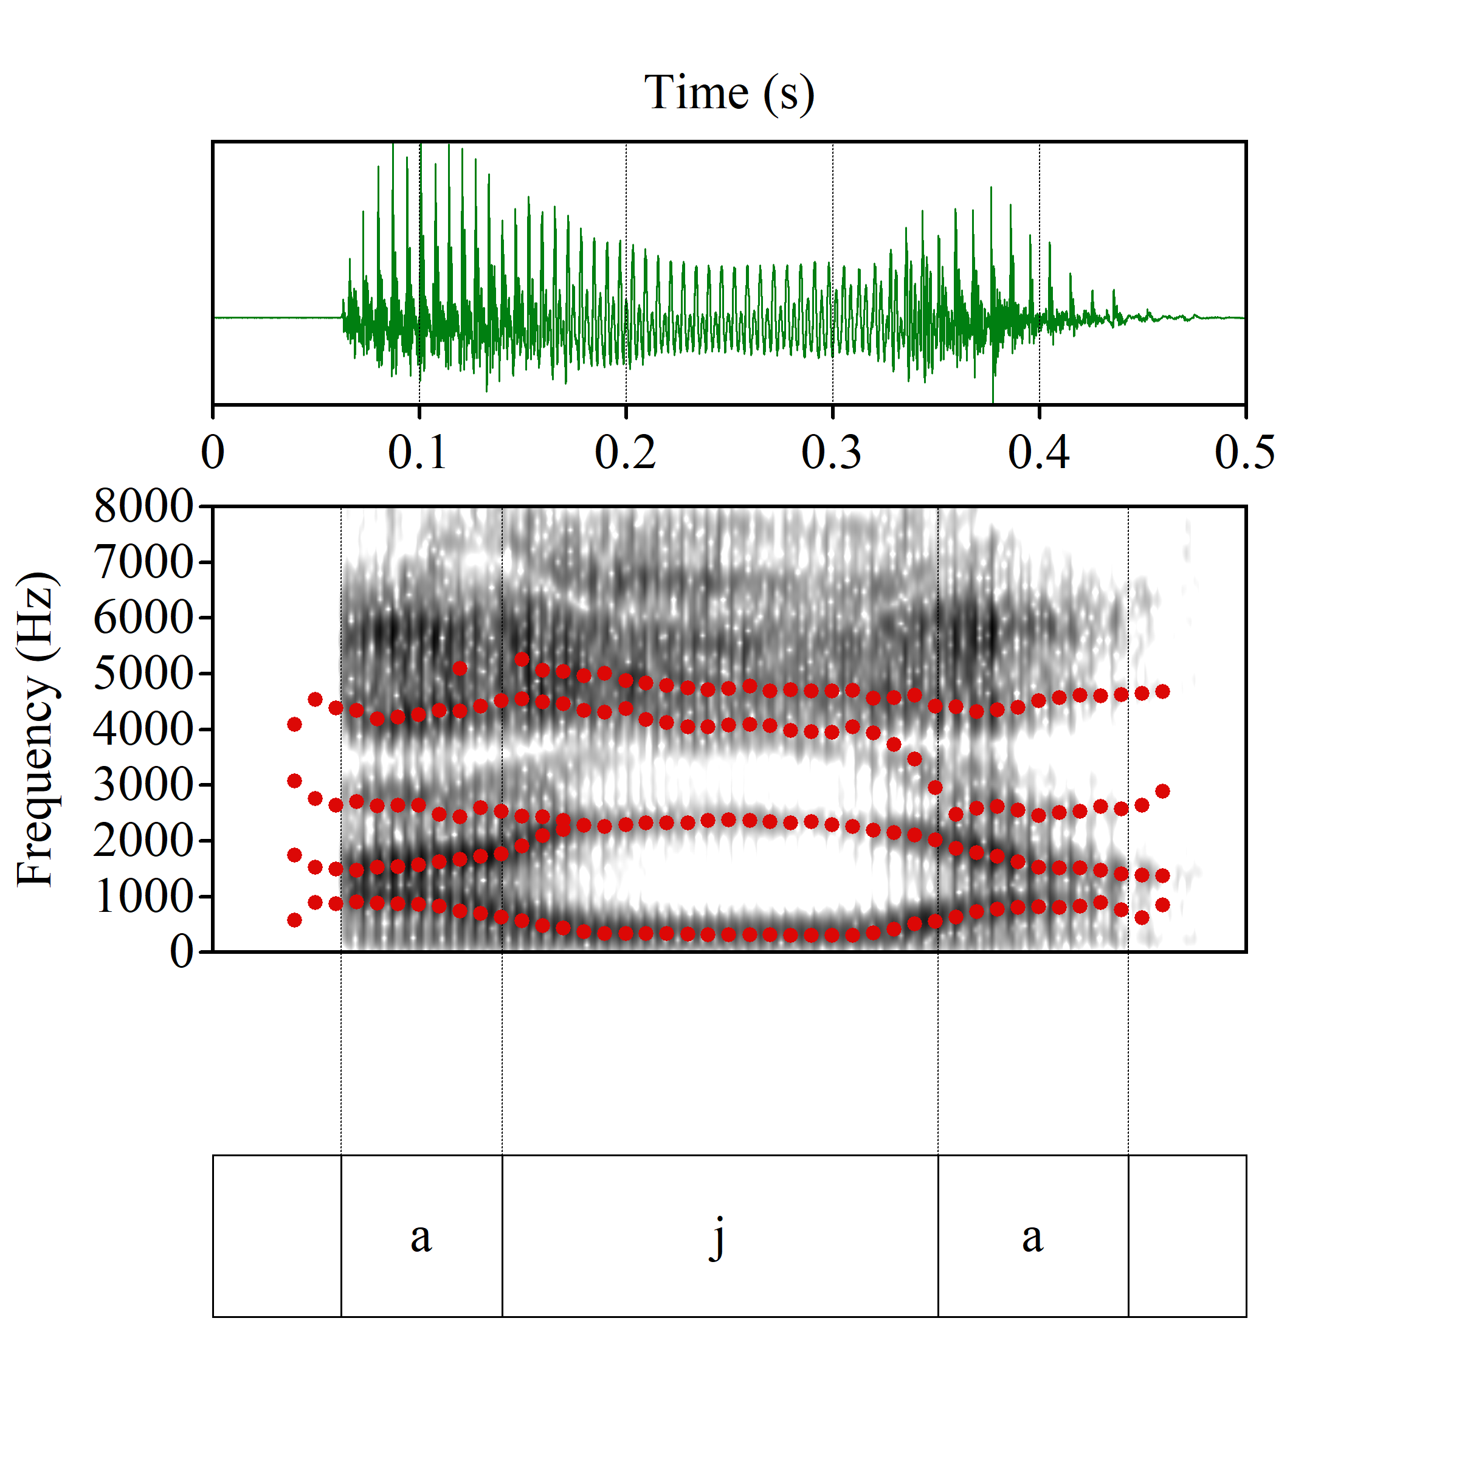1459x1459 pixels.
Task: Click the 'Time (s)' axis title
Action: [729, 93]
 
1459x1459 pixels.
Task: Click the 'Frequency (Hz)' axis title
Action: [35, 729]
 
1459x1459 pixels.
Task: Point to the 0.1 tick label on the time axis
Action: [418, 452]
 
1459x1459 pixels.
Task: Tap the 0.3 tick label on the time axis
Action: [832, 452]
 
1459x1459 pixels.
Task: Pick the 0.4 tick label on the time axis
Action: [1038, 452]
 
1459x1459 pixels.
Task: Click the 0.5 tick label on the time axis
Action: [1244, 452]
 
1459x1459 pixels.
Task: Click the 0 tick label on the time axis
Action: [213, 452]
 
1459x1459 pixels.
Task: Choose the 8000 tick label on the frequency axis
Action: [143, 506]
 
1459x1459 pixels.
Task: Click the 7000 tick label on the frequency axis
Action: [143, 562]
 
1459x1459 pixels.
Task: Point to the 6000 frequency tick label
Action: [143, 618]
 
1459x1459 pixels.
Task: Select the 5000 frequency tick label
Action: [143, 673]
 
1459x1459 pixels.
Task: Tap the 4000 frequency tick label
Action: [143, 729]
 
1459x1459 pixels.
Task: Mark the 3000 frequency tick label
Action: [143, 785]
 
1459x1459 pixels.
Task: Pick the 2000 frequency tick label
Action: [143, 841]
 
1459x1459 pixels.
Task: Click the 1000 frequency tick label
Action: [143, 897]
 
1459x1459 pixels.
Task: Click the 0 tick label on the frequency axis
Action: [182, 951]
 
